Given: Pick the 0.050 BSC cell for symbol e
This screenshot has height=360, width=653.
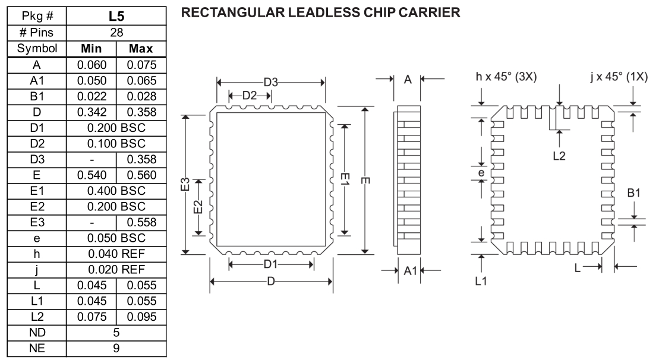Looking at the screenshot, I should (x=116, y=239).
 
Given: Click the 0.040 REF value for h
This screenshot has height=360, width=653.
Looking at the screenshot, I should (x=116, y=255).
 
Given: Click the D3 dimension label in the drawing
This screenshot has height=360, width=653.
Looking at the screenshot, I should (x=270, y=83).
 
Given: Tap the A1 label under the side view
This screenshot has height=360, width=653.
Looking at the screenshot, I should (x=409, y=271).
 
